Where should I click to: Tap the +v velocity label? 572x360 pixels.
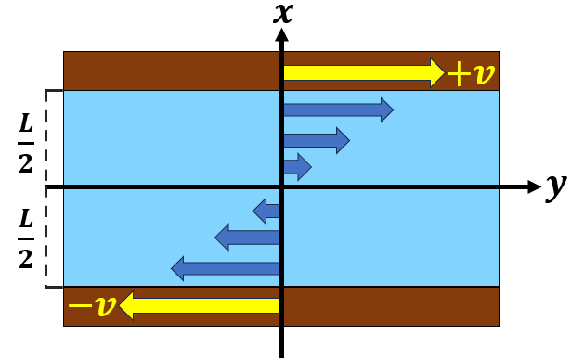pos(471,72)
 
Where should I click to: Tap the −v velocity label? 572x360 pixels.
pos(92,305)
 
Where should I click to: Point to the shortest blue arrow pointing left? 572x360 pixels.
pos(267,212)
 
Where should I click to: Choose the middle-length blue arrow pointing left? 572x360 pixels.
pos(248,238)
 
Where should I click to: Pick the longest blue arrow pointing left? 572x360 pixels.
pos(226,269)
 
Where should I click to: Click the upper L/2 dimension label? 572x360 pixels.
pos(26,137)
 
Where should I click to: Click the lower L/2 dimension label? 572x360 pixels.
pos(26,238)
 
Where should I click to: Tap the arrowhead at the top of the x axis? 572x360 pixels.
pos(281,36)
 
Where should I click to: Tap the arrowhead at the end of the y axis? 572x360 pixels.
pos(533,187)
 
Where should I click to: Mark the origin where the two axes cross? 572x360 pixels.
pos(281,187)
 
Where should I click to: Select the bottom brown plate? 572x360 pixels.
pos(390,306)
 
